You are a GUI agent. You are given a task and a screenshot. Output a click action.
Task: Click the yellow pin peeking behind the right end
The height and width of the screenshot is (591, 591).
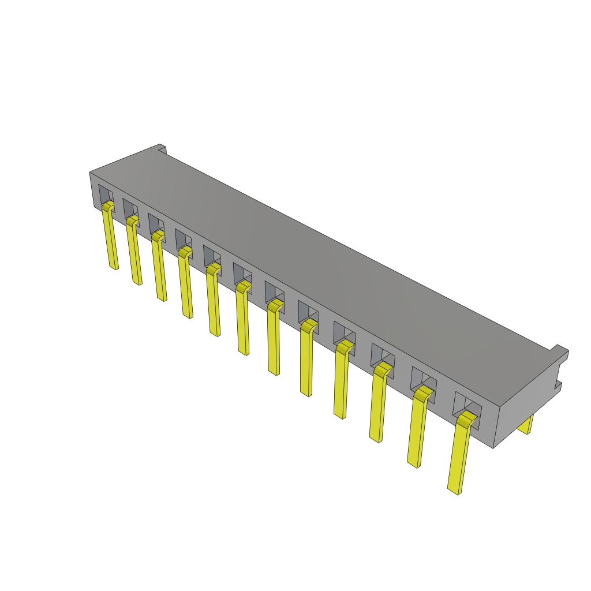[x=526, y=425]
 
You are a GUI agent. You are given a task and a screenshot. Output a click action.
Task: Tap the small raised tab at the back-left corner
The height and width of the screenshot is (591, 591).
[x=162, y=149]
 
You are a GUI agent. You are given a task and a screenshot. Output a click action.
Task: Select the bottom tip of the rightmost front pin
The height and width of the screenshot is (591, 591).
[x=454, y=491]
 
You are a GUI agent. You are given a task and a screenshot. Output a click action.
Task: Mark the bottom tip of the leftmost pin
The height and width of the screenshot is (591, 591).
[x=114, y=267]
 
